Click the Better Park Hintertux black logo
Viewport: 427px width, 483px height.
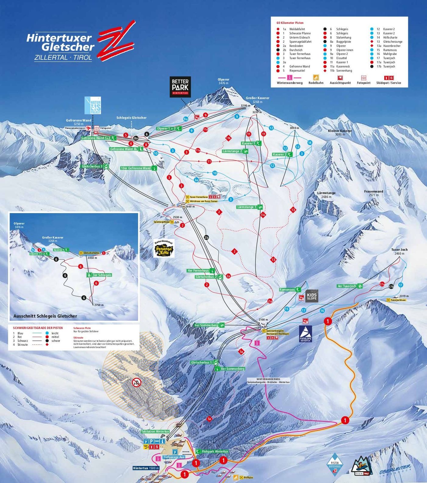(180, 87)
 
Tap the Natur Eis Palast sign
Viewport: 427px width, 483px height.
(93, 105)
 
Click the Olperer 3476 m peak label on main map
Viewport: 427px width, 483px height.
(223, 81)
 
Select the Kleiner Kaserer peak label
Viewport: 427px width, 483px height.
(339, 132)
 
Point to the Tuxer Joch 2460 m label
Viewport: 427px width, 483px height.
(399, 251)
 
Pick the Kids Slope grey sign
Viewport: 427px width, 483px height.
(312, 296)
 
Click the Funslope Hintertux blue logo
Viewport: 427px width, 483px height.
(305, 334)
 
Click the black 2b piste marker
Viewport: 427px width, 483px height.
(206, 237)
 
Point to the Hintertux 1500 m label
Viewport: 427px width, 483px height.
(146, 468)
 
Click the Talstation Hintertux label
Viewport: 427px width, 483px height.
(155, 431)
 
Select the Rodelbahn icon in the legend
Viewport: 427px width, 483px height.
(316, 78)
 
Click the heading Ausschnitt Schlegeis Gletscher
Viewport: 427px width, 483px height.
(45, 316)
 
